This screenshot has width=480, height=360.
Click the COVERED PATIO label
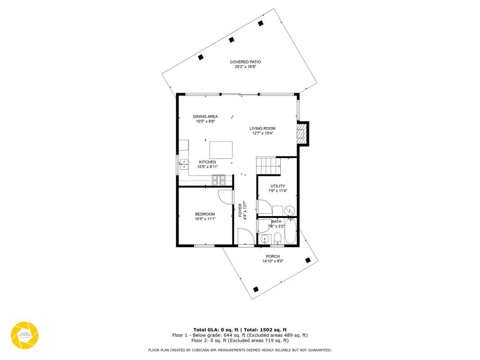pyautogui.click(x=245, y=62)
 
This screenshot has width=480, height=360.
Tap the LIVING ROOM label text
pyautogui.click(x=262, y=128)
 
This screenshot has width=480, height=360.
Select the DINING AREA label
pyautogui.click(x=205, y=116)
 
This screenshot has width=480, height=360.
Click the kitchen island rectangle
pyautogui.click(x=221, y=150)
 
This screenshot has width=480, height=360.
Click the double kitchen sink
pyautogui.click(x=184, y=164)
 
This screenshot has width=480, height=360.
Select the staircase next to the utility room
pyautogui.click(x=268, y=165)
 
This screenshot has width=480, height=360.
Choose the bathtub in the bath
pyautogui.click(x=291, y=231)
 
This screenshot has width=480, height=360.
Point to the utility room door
pyautogui.click(x=264, y=207)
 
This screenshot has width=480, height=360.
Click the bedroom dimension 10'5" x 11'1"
pyautogui.click(x=205, y=219)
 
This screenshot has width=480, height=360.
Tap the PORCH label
pyautogui.click(x=273, y=256)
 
